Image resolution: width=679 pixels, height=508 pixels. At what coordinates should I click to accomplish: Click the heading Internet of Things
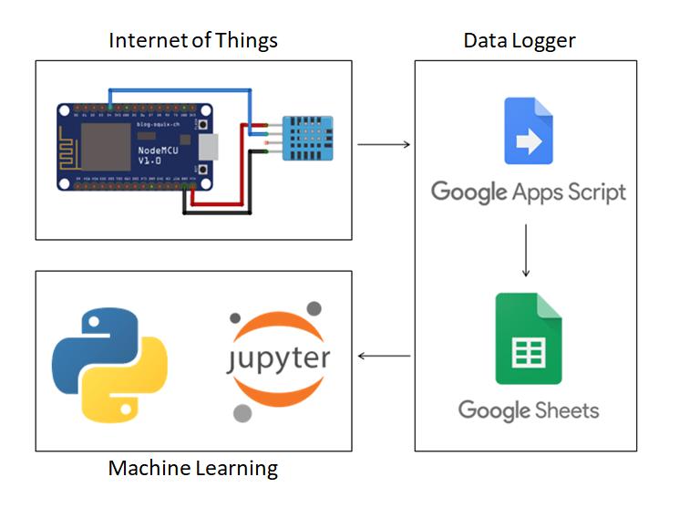193,41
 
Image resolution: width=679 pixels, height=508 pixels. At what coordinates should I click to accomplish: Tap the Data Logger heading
520,41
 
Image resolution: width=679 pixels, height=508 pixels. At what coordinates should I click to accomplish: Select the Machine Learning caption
193,469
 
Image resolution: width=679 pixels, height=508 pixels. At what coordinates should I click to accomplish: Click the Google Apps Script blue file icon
529,131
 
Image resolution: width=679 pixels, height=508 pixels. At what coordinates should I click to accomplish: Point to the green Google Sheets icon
529,338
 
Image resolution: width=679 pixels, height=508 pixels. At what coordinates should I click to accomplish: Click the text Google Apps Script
529,192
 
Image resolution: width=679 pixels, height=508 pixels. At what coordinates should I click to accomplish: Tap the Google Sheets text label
529,410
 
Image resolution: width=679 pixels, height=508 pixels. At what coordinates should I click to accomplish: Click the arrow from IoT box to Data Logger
383,144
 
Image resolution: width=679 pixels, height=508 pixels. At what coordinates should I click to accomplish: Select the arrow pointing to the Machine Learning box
383,356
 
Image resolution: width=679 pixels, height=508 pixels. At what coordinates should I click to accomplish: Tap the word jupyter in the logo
278,358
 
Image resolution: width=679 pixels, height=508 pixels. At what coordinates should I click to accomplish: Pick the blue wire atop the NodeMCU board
182,90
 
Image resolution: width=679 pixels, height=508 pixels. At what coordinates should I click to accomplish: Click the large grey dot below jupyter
242,413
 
